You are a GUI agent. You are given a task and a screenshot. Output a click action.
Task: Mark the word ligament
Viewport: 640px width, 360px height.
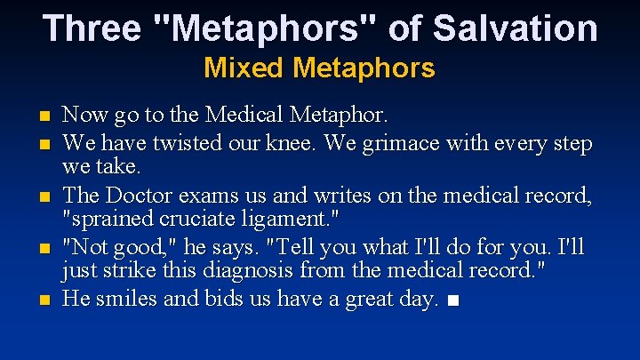[x=285, y=218]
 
